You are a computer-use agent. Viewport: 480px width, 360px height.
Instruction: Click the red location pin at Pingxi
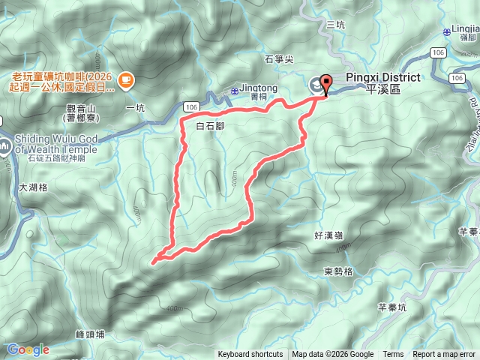point(325,82)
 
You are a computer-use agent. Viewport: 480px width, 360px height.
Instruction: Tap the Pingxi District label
point(382,82)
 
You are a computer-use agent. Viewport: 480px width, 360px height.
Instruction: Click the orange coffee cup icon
point(125,78)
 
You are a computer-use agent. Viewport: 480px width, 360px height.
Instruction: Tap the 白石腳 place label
point(209,127)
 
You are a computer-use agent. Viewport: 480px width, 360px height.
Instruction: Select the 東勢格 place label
point(339,271)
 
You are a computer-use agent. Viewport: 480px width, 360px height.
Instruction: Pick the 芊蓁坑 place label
point(391,307)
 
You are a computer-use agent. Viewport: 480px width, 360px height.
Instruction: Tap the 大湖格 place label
point(32,187)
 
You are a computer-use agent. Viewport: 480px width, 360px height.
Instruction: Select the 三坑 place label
point(336,25)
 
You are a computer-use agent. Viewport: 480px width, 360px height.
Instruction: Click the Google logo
point(28,349)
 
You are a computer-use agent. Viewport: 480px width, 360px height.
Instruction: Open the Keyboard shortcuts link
point(250,355)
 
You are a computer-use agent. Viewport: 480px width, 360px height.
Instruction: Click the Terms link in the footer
point(393,355)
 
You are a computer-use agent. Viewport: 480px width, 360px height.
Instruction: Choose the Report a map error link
point(444,355)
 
